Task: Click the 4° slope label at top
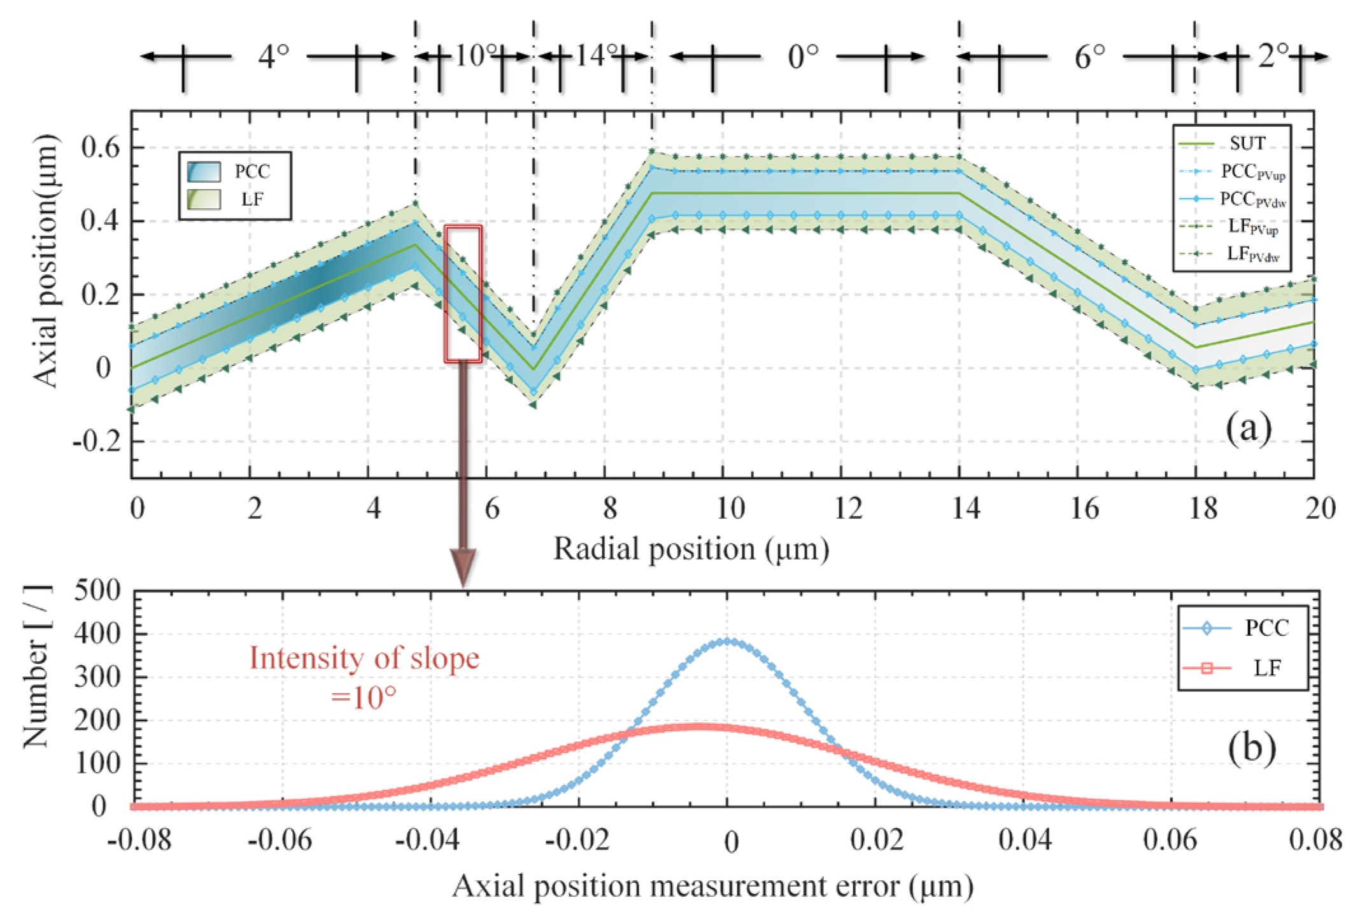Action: tap(274, 57)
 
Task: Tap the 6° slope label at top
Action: tap(1089, 57)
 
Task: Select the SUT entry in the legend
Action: tap(1246, 144)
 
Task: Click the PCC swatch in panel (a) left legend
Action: tap(204, 172)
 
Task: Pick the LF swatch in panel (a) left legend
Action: tap(204, 199)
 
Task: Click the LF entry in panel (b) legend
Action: tap(1266, 668)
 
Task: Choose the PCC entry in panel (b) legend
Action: tap(1266, 628)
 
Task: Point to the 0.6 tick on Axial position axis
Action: tap(100, 148)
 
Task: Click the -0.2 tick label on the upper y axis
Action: tap(96, 441)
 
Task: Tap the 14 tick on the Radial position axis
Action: tap(966, 509)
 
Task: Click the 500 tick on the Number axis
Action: tap(97, 591)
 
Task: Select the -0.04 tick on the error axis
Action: tap(427, 840)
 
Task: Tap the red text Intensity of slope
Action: tap(364, 658)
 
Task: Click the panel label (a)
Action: tap(1248, 428)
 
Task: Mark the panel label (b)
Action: tap(1251, 747)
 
